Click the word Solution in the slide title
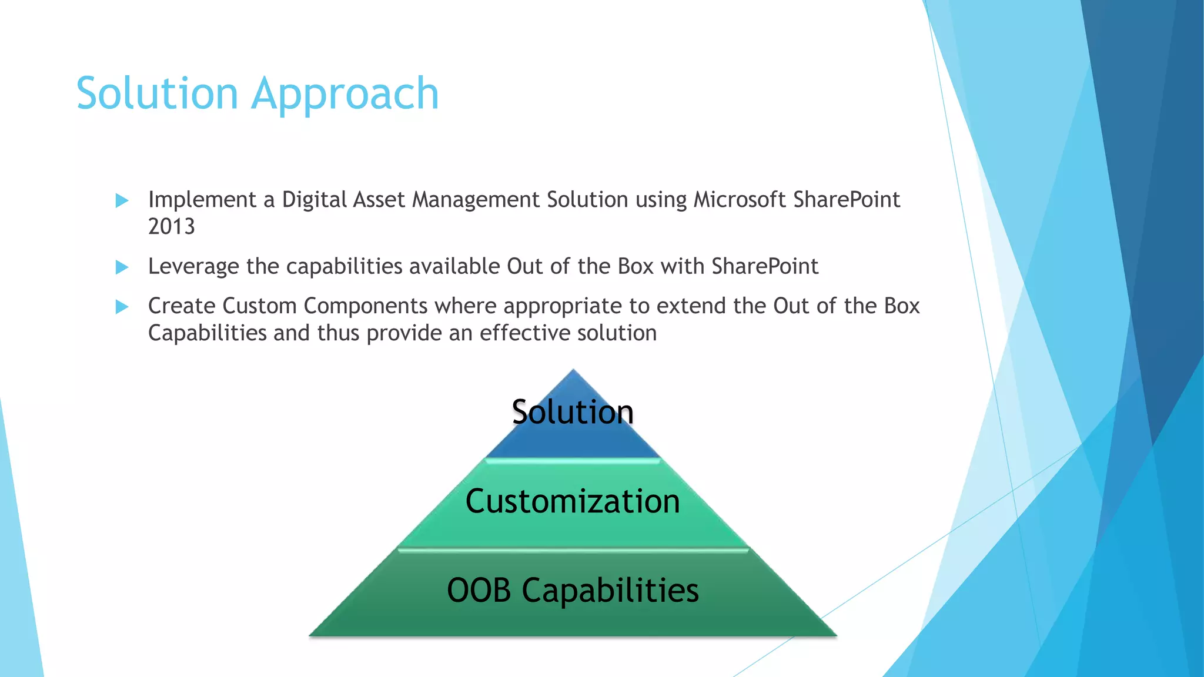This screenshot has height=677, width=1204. (157, 93)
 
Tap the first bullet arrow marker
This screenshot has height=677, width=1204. (122, 200)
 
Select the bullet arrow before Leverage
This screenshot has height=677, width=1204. (122, 267)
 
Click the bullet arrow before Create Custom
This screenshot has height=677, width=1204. (122, 307)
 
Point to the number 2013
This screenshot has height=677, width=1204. (171, 227)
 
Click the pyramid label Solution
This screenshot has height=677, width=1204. (573, 411)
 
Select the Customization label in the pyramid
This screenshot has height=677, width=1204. (573, 501)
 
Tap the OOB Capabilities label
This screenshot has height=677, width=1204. (573, 590)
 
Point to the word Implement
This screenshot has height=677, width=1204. (202, 200)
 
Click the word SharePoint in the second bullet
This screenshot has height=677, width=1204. (764, 267)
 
